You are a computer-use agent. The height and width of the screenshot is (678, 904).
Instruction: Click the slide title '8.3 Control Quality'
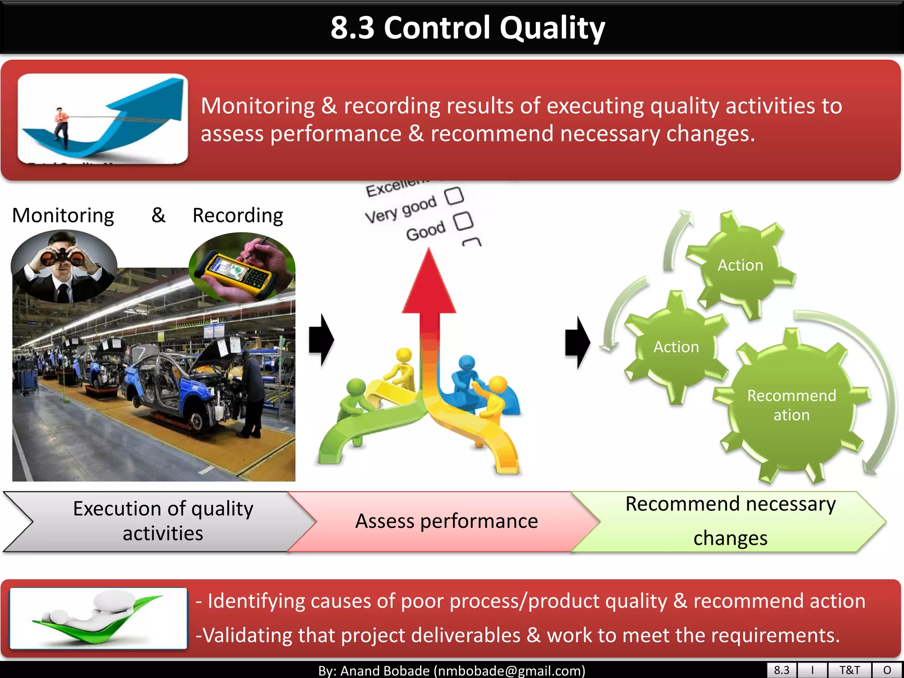tap(467, 27)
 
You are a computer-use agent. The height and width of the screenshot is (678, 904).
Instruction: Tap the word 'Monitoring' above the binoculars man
tap(63, 215)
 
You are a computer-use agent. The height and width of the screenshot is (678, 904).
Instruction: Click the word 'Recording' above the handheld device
tap(237, 215)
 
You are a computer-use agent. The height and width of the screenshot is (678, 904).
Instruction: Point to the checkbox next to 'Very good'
tap(454, 196)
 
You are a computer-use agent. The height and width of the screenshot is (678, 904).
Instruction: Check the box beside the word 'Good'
tap(463, 221)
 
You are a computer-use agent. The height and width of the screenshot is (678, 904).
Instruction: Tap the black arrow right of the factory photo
tap(321, 339)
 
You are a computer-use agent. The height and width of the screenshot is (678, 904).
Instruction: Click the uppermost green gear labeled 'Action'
tap(740, 265)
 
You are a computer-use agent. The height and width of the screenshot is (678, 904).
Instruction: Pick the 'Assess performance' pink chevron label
tap(446, 521)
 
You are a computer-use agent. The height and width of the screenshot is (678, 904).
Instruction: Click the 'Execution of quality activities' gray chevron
tap(163, 521)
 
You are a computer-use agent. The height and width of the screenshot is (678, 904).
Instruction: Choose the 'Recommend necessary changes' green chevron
tap(730, 521)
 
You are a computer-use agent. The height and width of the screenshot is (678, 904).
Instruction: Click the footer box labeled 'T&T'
tap(849, 670)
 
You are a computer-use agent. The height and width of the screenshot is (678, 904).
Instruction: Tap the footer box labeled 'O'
tap(887, 670)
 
